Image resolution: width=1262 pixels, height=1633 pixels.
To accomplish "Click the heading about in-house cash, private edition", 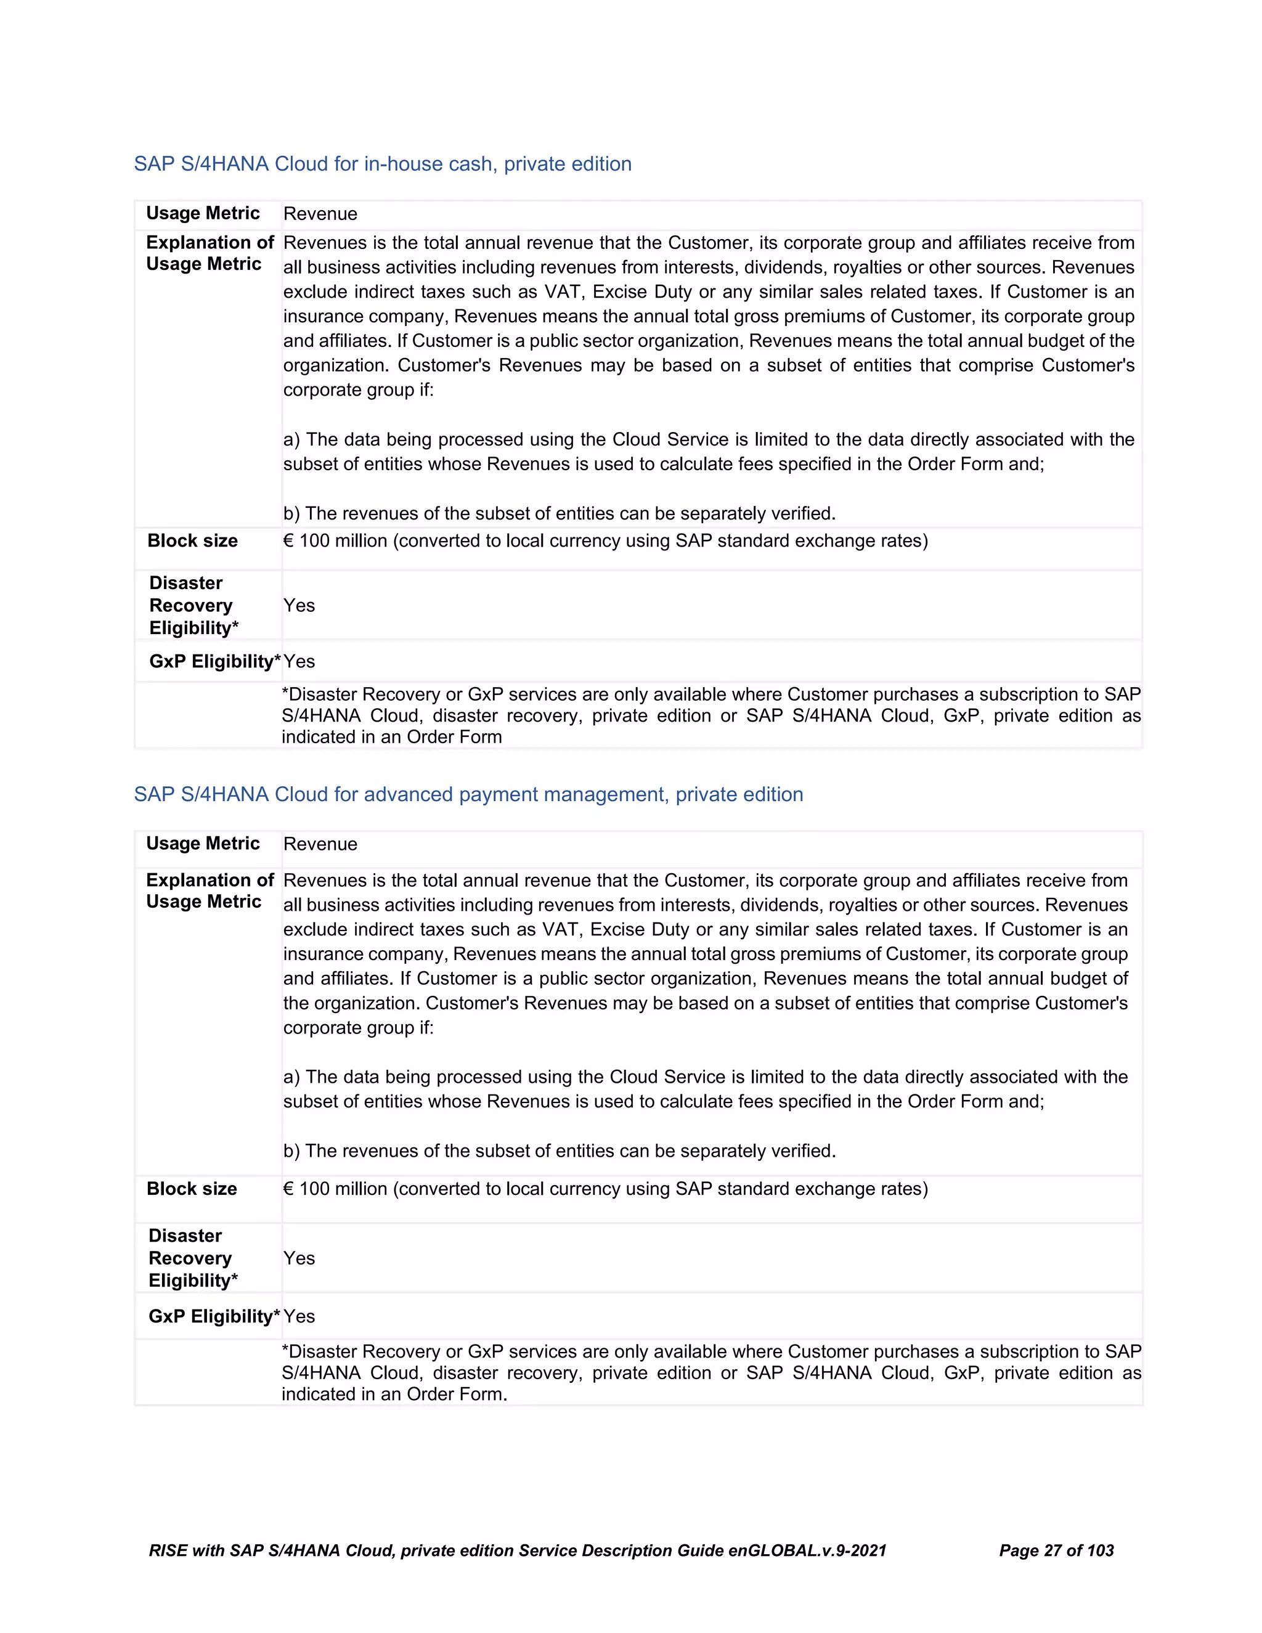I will (x=382, y=164).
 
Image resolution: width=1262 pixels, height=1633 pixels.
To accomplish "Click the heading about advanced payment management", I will (x=468, y=794).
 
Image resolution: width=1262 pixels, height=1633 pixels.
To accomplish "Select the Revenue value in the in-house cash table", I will (x=320, y=214).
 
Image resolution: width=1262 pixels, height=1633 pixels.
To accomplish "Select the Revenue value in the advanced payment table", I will (x=320, y=844).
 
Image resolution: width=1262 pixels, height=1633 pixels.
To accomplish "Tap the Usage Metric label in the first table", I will (x=203, y=213).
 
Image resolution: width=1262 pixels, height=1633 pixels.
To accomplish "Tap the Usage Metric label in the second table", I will (x=203, y=844).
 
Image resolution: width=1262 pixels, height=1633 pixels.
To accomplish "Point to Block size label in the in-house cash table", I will (x=192, y=540).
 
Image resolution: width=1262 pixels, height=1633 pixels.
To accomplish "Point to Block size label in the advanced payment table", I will (x=192, y=1189).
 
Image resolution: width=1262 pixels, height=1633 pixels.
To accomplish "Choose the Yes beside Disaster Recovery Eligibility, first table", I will (x=299, y=606).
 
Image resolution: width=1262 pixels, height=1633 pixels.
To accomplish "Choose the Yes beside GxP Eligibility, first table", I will (x=299, y=662).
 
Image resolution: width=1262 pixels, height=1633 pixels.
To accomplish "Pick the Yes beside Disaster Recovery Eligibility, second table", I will (x=299, y=1258).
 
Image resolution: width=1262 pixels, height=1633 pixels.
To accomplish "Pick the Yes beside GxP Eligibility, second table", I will (x=299, y=1317).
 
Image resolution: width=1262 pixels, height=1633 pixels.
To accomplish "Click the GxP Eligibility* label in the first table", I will (x=214, y=662).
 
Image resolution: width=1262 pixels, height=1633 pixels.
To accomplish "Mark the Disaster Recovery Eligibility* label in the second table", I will (x=192, y=1258).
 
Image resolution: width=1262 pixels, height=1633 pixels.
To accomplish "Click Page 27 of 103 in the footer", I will (x=1056, y=1551).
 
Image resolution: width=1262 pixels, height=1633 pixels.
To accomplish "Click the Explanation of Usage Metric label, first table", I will (x=210, y=253).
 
